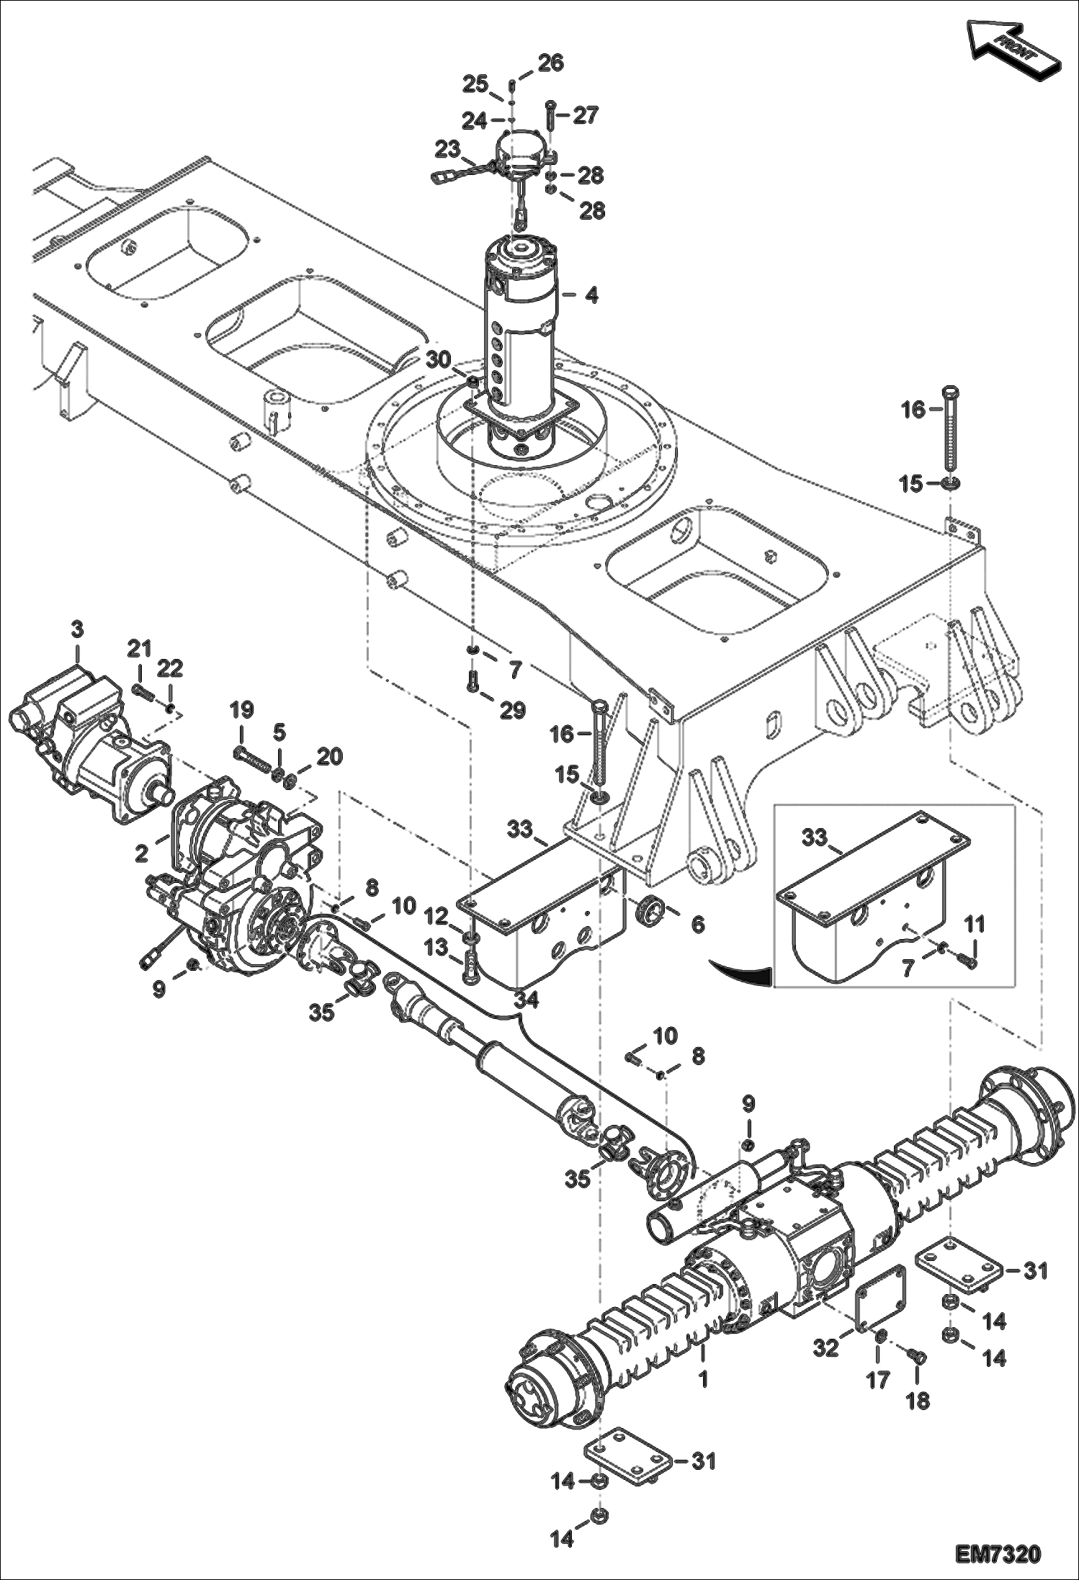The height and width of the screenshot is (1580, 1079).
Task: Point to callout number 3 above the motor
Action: click(76, 629)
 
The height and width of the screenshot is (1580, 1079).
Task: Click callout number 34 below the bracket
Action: click(526, 999)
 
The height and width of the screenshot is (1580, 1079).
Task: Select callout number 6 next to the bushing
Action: click(697, 923)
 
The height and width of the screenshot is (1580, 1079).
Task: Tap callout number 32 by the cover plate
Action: click(826, 1347)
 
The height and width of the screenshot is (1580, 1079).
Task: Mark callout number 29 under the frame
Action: click(514, 711)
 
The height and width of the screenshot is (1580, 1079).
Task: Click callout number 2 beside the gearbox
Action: click(142, 853)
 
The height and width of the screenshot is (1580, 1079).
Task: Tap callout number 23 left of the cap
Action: click(447, 151)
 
